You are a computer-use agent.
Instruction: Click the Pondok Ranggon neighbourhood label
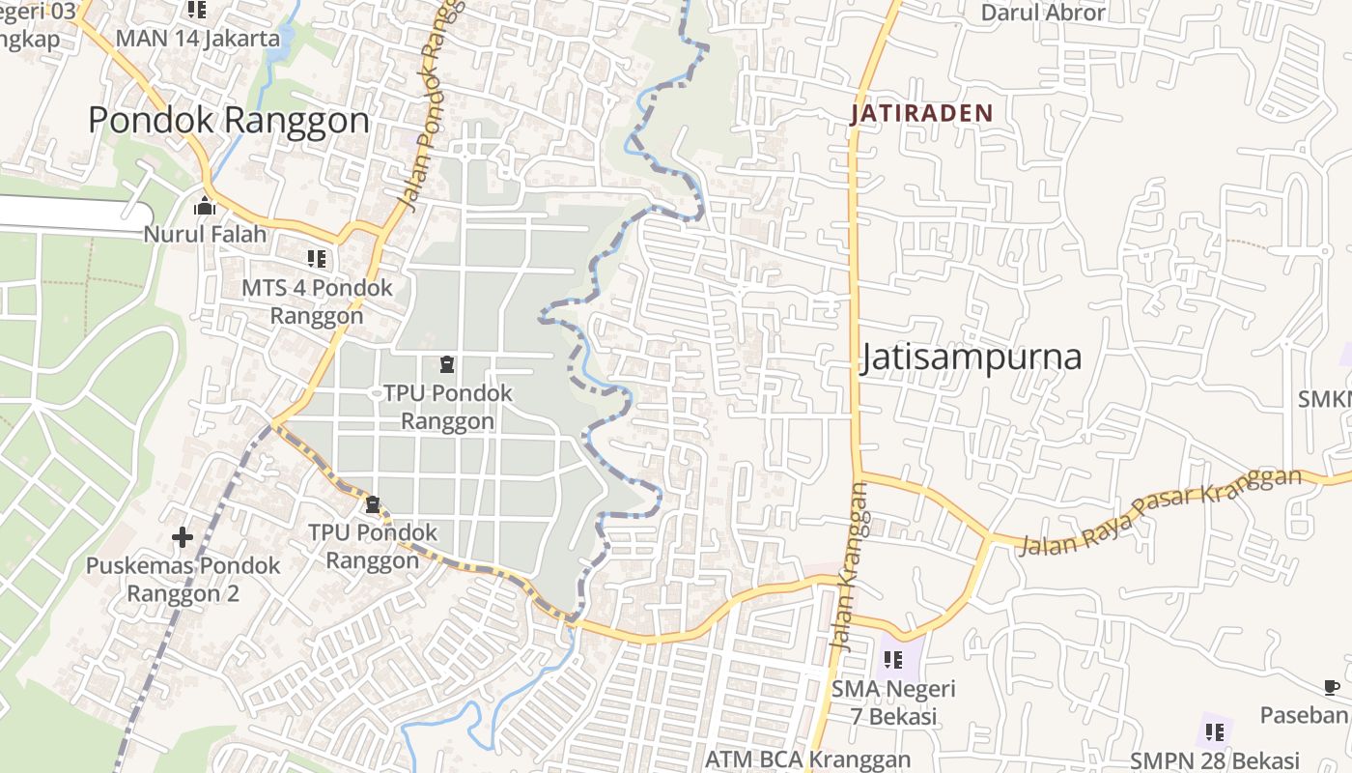coord(229,121)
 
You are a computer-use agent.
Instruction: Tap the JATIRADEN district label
coord(921,113)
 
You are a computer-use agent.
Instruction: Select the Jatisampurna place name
coord(971,358)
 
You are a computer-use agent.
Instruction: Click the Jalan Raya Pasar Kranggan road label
coord(1160,511)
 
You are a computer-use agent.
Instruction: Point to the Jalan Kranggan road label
coord(847,567)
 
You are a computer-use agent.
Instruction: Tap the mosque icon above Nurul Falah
coord(205,206)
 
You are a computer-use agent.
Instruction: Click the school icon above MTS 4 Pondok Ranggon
coord(317,259)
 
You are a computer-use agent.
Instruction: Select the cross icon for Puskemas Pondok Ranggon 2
coord(183,537)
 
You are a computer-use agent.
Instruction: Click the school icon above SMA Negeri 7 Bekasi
coord(893,660)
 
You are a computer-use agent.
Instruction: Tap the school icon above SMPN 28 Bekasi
coord(1215,731)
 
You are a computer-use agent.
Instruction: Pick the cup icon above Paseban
coord(1331,687)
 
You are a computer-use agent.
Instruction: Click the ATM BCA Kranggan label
coord(807,759)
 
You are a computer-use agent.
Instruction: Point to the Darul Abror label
coord(1043,13)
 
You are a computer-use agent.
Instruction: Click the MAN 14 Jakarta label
coord(197,39)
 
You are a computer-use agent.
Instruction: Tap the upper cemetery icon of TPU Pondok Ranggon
coord(446,364)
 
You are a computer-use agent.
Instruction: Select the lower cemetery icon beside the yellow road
coord(373,504)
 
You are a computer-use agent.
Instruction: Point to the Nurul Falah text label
coord(205,234)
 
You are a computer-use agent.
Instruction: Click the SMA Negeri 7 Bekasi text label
coord(893,702)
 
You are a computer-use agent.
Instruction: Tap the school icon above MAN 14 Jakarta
coord(197,10)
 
